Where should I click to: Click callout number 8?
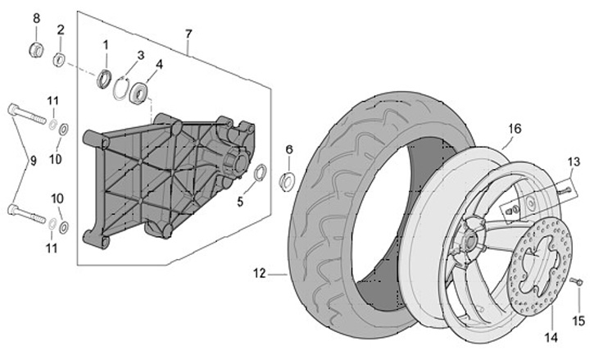[x=35, y=17]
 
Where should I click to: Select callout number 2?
[x=60, y=30]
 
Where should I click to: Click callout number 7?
[x=188, y=34]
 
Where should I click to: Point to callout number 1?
[x=106, y=43]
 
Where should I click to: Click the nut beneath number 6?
[x=288, y=180]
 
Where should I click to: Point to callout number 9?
[x=34, y=162]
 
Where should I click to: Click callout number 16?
[x=514, y=129]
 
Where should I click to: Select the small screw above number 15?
[x=576, y=282]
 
